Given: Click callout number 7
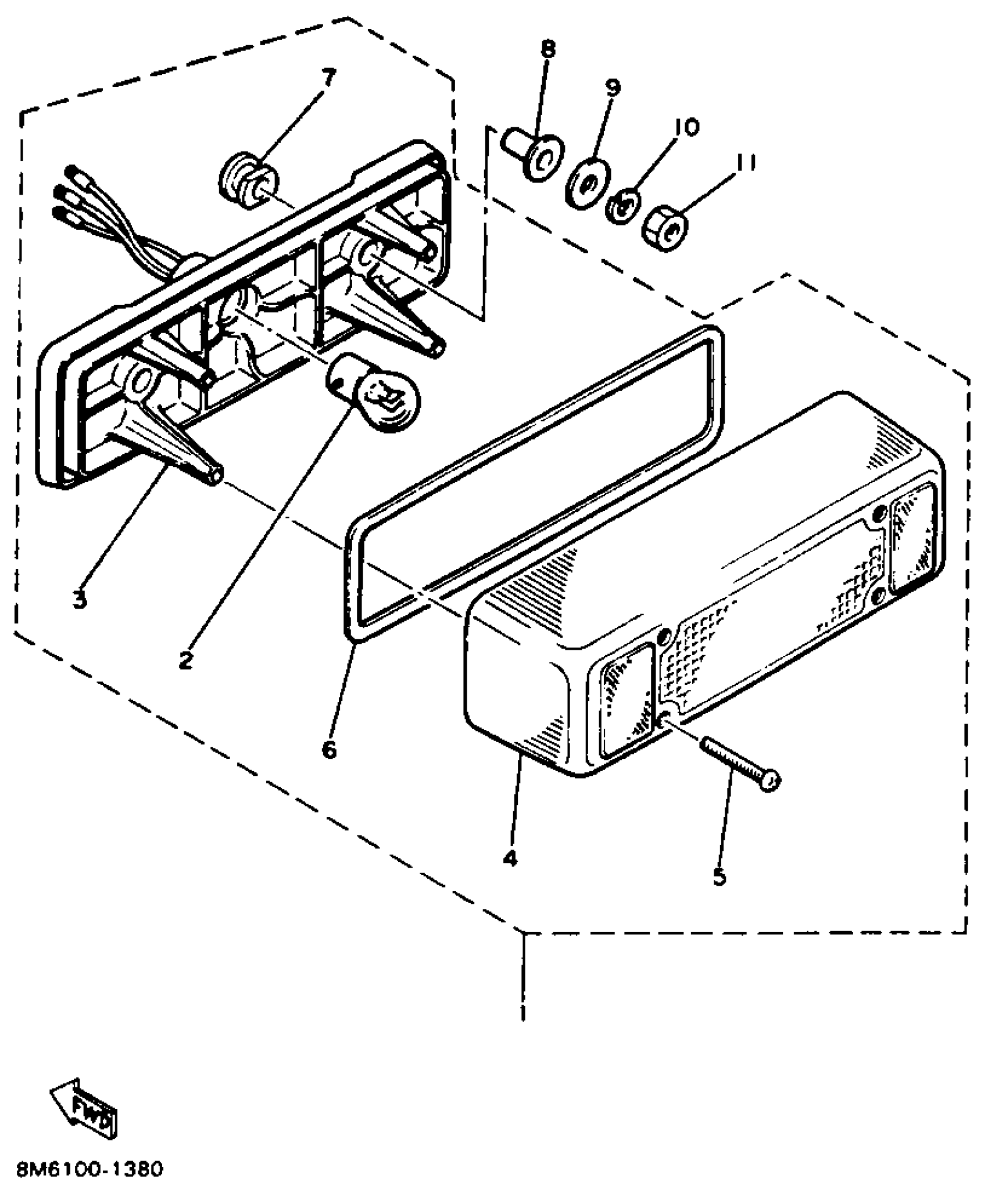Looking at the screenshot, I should (x=328, y=76).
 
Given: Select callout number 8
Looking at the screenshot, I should (x=547, y=49).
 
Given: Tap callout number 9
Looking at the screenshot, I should (x=613, y=87).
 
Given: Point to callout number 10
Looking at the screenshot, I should (x=687, y=127).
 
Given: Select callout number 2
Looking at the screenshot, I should (x=185, y=660).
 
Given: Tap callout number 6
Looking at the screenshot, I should (x=329, y=750).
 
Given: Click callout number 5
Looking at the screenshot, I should (x=719, y=876).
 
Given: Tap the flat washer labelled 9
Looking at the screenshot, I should (x=588, y=181).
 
